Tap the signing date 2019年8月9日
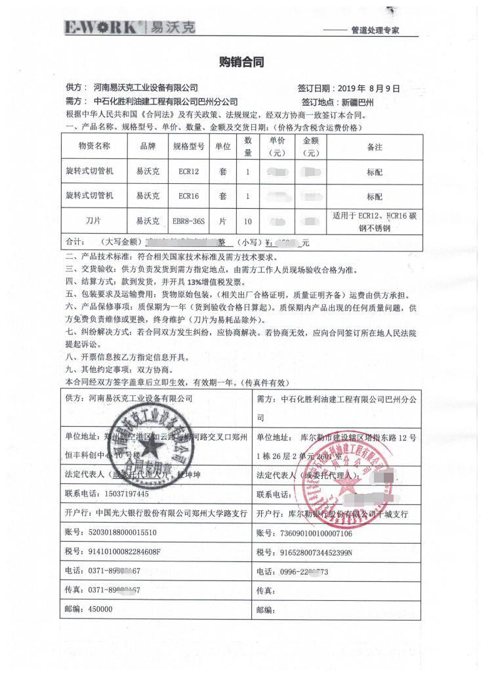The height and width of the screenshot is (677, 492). click(367, 88)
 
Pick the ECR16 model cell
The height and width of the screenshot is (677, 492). click(188, 196)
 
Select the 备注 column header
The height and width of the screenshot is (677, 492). click(375, 146)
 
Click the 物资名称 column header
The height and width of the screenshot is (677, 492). click(94, 146)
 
